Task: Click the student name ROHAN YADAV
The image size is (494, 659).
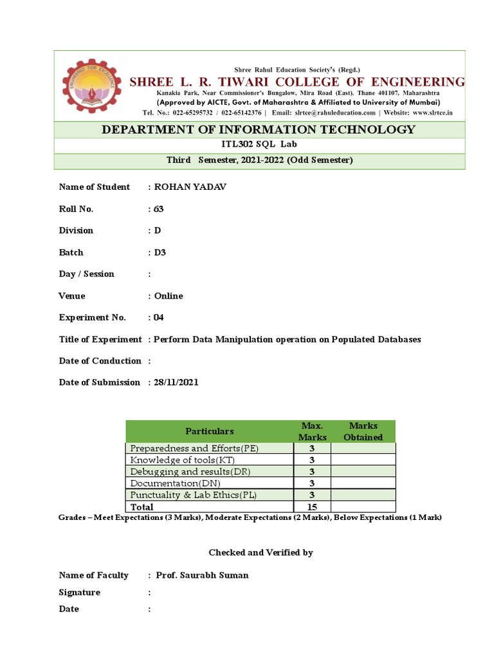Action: click(190, 187)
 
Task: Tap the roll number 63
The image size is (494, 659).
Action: click(159, 209)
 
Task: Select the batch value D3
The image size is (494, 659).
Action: click(160, 252)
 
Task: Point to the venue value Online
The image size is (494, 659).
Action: click(169, 296)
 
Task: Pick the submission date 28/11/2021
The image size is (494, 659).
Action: click(176, 382)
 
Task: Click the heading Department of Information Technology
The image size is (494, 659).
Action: click(259, 129)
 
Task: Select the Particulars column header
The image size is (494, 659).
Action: click(210, 431)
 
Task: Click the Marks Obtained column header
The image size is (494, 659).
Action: click(363, 431)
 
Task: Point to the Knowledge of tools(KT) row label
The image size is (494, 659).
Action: click(181, 460)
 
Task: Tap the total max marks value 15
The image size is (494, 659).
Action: click(311, 507)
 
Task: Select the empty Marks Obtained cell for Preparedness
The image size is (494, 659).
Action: click(363, 449)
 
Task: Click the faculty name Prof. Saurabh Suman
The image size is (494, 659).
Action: click(202, 575)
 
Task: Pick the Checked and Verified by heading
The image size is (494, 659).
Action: click(261, 553)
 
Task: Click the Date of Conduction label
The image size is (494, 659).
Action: click(100, 361)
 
